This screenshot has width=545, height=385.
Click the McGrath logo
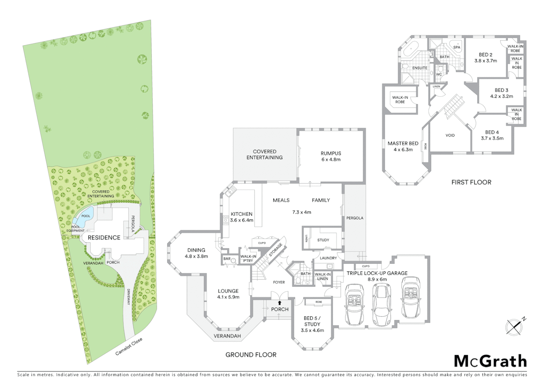pos(490,361)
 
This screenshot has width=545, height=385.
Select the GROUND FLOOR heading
pos(251,355)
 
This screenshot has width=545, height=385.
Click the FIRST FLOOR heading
pos(471,182)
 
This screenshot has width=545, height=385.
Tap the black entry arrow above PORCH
pos(280,303)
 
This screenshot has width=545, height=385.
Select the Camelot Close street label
pos(129,346)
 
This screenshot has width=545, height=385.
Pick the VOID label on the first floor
pos(450,135)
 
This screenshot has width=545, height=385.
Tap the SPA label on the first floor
pos(457,47)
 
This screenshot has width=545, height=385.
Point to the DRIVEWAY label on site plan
pos(128,297)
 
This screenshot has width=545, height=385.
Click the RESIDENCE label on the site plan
pos(104,238)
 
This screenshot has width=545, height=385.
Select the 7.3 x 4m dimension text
pos(302,212)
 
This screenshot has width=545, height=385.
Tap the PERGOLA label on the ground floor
pos(355,218)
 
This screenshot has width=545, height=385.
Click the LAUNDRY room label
pos(328,258)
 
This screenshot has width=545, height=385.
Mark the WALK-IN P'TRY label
pos(248,258)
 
